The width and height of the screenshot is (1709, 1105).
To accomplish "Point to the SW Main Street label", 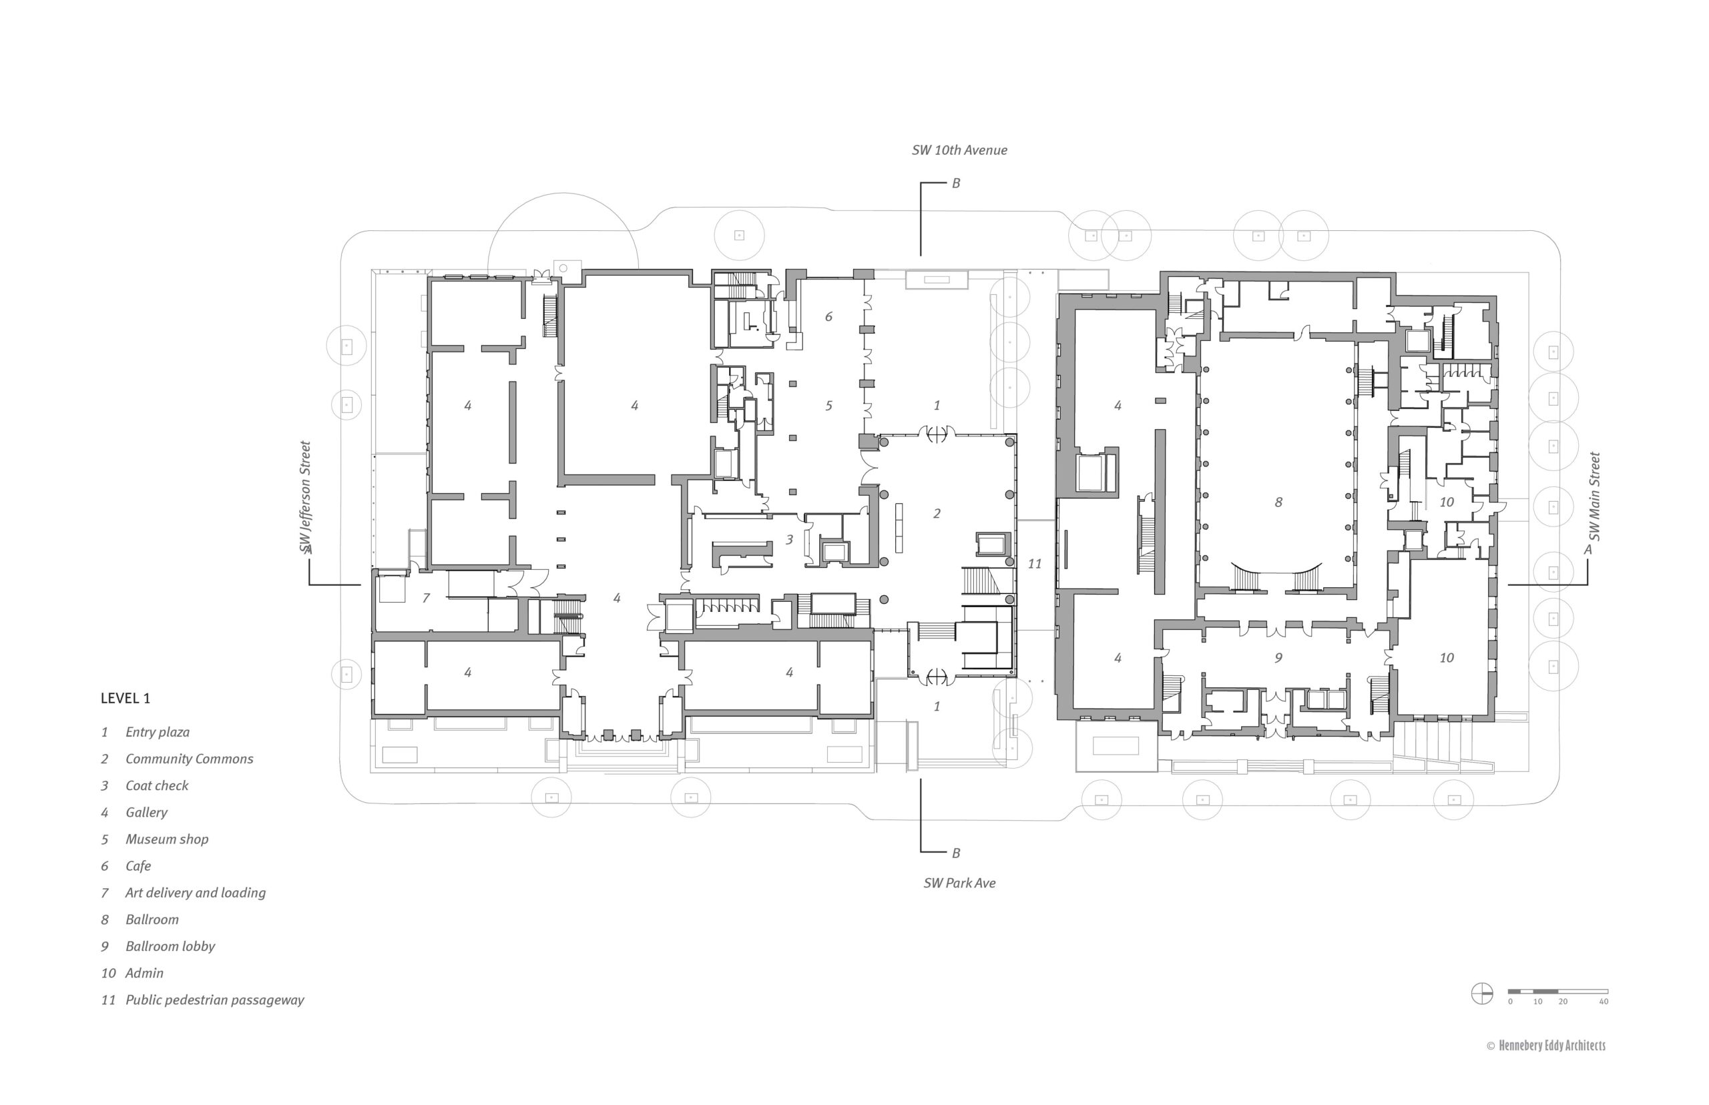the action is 1594,496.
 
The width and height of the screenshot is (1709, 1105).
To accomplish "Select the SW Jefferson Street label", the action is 306,496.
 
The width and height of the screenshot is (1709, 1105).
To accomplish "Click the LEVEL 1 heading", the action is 126,698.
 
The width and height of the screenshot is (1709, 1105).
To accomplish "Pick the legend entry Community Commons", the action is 190,759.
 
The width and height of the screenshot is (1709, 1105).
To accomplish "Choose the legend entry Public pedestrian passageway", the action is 214,1000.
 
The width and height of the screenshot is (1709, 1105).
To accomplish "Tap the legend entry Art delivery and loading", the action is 195,893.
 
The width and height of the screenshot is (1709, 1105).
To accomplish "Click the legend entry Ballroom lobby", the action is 170,946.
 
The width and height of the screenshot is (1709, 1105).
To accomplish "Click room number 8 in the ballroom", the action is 1278,502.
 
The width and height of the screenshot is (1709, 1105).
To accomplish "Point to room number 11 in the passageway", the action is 1034,564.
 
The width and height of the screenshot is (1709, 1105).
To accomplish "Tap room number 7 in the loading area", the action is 426,598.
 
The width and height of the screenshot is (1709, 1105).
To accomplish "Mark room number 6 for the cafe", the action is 828,316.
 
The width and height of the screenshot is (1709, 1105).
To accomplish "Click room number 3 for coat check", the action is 789,540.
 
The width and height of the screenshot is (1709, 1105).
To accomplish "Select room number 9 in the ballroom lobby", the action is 1278,658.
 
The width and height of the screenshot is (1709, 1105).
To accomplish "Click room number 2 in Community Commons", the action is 937,514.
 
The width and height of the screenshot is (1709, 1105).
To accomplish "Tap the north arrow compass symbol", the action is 1481,994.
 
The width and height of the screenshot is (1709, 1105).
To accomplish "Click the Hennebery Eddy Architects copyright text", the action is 1546,1046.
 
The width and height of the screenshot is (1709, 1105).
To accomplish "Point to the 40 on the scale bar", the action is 1604,1002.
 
